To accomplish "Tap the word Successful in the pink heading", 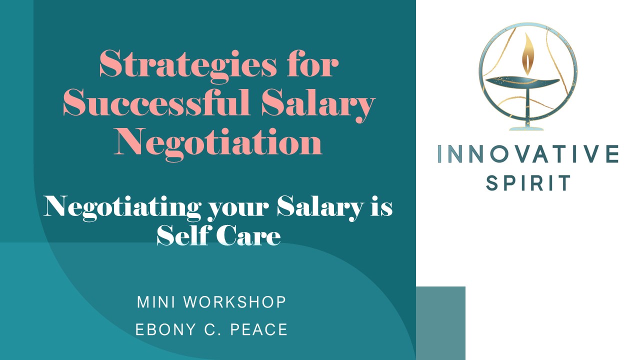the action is pyautogui.click(x=156, y=102).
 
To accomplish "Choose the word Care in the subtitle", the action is pyautogui.click(x=248, y=236).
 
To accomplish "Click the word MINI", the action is pyautogui.click(x=156, y=302).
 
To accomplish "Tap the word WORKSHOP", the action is pyautogui.click(x=234, y=302).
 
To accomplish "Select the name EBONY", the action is pyautogui.click(x=165, y=329).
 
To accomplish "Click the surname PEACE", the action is pyautogui.click(x=259, y=329).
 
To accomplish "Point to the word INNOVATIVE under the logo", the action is pyautogui.click(x=528, y=154).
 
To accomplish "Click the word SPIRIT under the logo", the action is pyautogui.click(x=528, y=183).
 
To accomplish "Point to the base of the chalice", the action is pyautogui.click(x=526, y=128).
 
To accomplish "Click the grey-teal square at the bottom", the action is pyautogui.click(x=440, y=323).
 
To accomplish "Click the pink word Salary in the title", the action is pyautogui.click(x=318, y=105).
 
